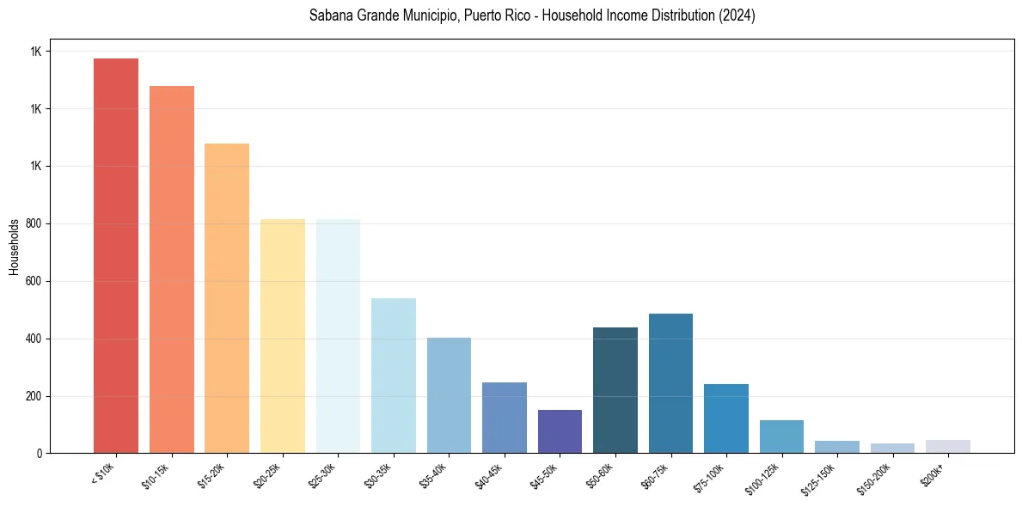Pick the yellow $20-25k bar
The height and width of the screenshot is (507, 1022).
[x=283, y=336]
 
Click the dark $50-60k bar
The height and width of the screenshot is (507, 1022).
[x=615, y=390]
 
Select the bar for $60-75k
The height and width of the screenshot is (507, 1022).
[x=670, y=383]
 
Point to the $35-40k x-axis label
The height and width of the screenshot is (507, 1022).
[x=434, y=475]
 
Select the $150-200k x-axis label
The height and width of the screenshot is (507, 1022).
[x=875, y=477]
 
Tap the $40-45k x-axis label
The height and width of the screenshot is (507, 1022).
[x=489, y=475]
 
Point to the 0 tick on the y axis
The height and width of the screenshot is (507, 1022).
[x=38, y=453]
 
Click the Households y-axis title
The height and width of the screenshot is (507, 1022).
[x=14, y=247]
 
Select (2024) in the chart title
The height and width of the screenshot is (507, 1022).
[x=737, y=15]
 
